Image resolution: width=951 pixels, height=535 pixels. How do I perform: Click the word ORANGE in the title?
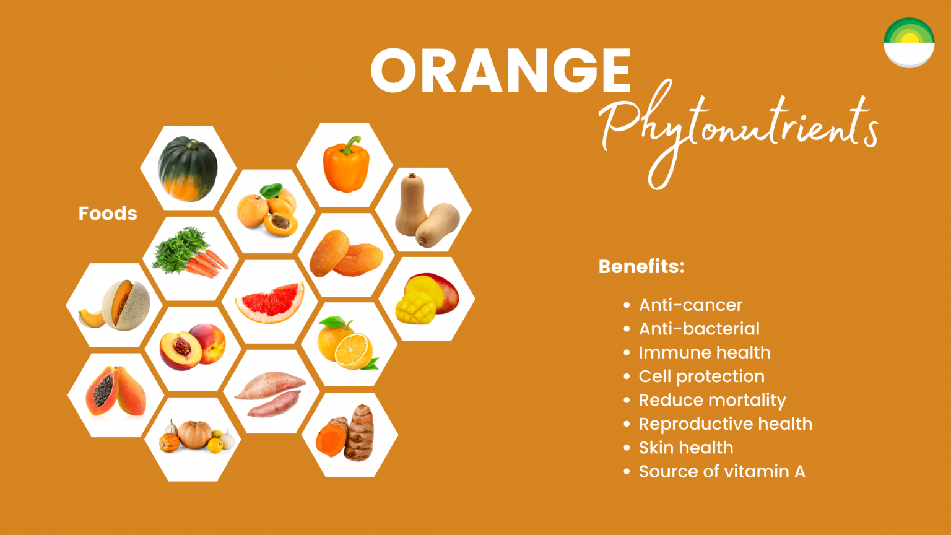(500, 71)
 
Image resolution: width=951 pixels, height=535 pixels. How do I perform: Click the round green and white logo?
(908, 43)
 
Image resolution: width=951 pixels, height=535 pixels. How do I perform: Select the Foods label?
(108, 214)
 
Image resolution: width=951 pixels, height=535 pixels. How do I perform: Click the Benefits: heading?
(641, 267)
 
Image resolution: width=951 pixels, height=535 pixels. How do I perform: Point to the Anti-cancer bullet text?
(690, 305)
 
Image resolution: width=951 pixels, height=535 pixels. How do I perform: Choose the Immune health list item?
(704, 353)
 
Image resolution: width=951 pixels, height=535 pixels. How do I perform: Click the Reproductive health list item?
(725, 424)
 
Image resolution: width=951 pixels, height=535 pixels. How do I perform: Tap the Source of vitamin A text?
(721, 472)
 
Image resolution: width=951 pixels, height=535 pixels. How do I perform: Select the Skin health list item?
(685, 448)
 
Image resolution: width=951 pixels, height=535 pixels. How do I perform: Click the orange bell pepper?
(345, 165)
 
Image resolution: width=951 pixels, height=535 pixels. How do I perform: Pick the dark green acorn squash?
(188, 169)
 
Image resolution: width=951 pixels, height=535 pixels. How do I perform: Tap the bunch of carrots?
(190, 254)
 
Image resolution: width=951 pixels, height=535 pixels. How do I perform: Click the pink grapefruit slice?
(270, 302)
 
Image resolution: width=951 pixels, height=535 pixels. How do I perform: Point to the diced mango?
(428, 298)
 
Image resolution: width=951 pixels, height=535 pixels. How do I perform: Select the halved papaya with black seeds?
(115, 393)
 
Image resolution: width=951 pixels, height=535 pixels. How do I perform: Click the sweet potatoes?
(271, 393)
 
